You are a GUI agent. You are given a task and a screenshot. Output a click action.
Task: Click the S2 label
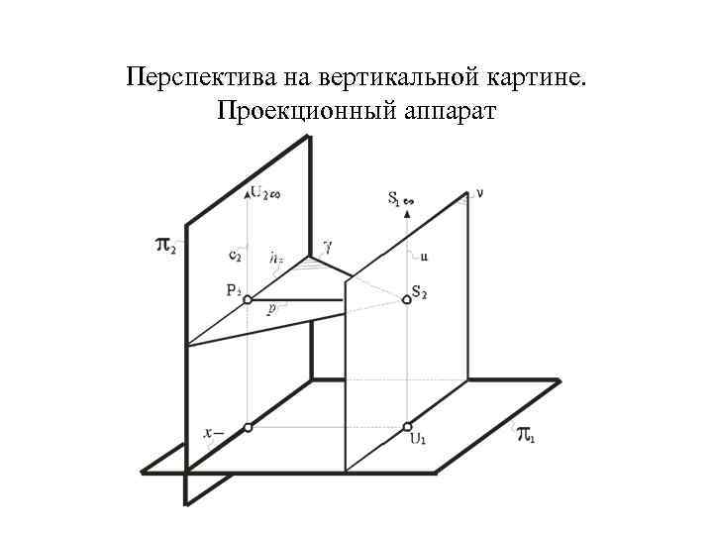(x=420, y=292)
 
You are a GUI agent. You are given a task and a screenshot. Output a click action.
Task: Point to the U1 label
(x=418, y=439)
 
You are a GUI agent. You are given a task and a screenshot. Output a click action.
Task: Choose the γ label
(x=329, y=243)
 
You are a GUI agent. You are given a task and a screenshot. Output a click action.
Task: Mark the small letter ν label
(x=480, y=194)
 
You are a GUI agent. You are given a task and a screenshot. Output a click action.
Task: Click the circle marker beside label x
(x=248, y=428)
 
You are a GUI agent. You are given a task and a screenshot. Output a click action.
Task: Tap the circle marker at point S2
(x=407, y=299)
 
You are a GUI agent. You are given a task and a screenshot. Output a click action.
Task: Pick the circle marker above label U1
(x=407, y=427)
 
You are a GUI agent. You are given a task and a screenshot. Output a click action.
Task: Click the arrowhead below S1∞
(x=407, y=213)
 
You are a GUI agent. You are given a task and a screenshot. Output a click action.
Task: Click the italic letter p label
(x=270, y=308)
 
